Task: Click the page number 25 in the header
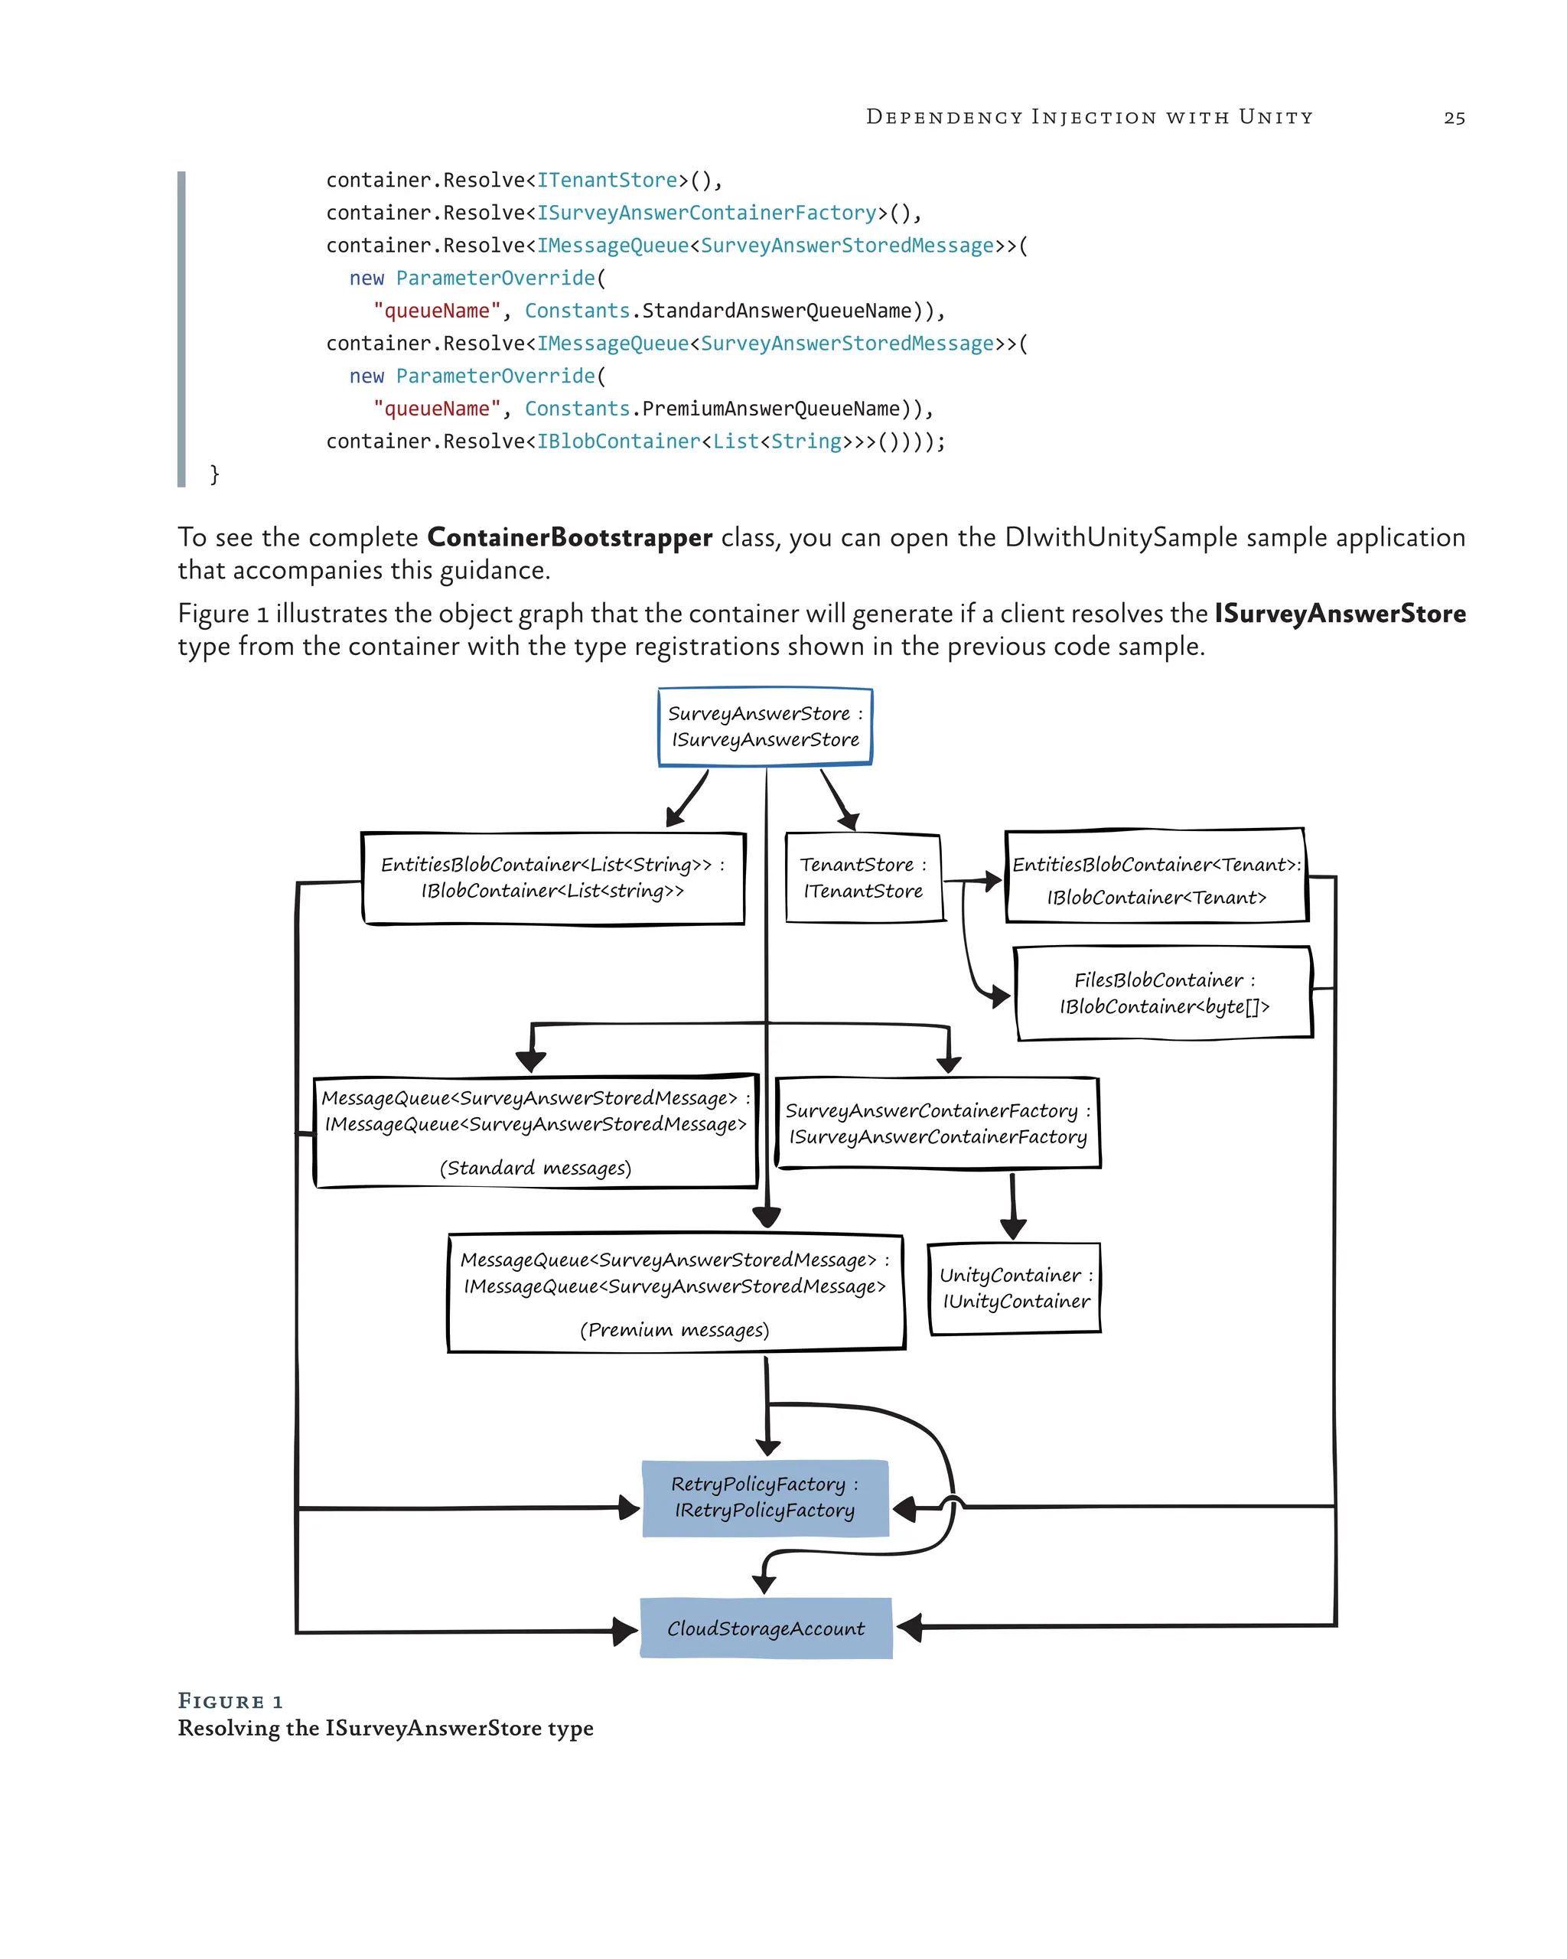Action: (1454, 118)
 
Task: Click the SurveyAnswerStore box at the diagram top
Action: (765, 726)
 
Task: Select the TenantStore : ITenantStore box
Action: (862, 878)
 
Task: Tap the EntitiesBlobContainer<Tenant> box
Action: (1155, 878)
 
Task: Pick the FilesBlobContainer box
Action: (1164, 993)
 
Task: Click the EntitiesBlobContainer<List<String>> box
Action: (552, 878)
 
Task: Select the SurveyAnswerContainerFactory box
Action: (937, 1123)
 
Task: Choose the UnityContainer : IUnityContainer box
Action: (1015, 1289)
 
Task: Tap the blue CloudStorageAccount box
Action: (765, 1628)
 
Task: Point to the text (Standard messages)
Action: (535, 1168)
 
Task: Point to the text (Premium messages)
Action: (674, 1329)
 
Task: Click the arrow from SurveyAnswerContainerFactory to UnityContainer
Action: (1012, 1204)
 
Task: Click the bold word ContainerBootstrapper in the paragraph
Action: (568, 537)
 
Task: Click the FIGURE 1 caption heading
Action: (230, 1701)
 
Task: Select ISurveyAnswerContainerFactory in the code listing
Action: (707, 213)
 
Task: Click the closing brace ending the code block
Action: (214, 474)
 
